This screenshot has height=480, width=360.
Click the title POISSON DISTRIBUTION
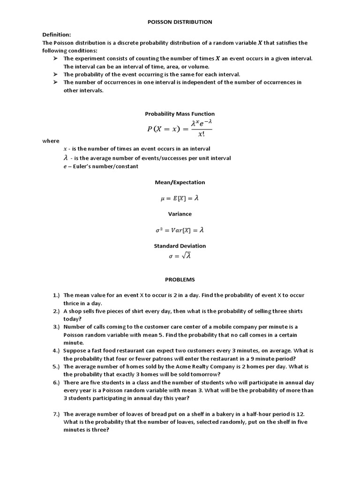180,22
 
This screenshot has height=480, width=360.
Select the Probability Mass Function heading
180,114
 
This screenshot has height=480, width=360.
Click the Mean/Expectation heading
180,182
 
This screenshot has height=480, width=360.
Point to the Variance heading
180,214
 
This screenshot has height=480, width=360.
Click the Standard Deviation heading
180,246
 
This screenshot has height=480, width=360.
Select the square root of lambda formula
180,256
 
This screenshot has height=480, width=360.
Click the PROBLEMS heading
180,279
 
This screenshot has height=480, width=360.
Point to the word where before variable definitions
51,141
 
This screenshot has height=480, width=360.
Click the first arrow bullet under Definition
55,59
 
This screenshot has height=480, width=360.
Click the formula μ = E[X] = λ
180,198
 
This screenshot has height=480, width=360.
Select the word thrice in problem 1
72,303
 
